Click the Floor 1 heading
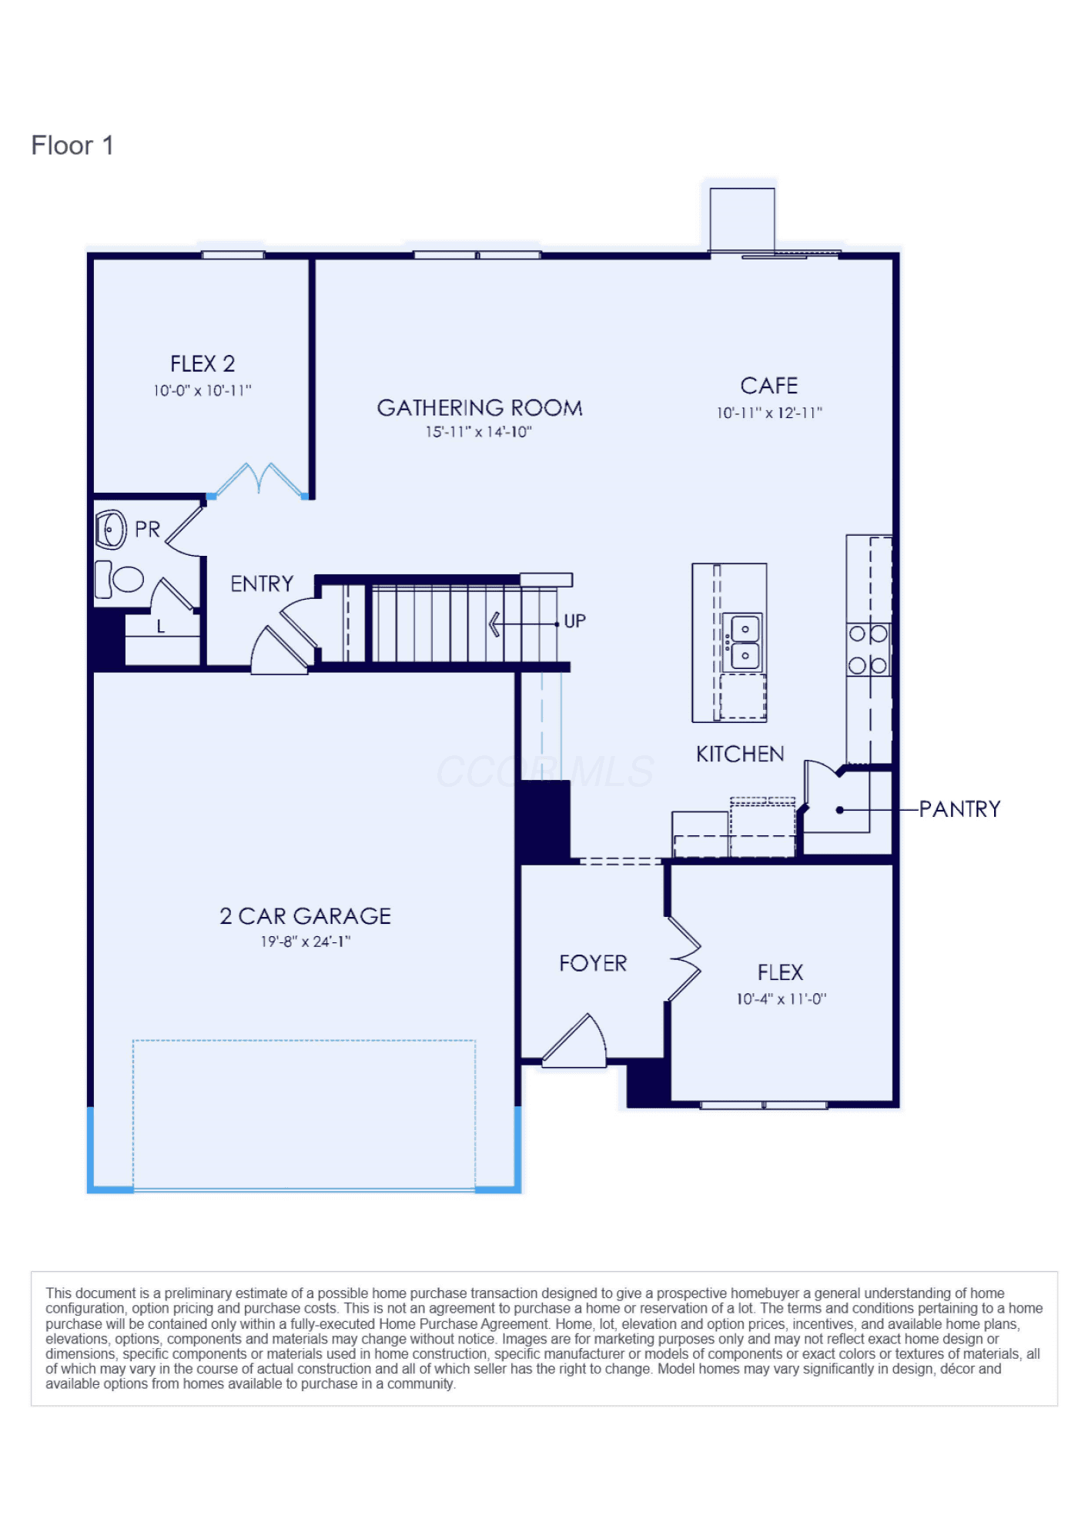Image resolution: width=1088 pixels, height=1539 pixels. tap(72, 146)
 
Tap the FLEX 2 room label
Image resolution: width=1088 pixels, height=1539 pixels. tap(203, 363)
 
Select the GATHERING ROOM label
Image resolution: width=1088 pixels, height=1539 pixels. tap(479, 407)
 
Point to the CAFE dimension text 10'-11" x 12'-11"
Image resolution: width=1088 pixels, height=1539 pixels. tap(769, 413)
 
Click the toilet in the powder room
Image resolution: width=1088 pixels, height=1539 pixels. tap(119, 579)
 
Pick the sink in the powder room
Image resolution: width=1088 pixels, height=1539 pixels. tap(111, 530)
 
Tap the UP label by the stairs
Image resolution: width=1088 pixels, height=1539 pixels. tap(574, 621)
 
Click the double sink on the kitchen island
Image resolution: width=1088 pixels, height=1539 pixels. tap(744, 641)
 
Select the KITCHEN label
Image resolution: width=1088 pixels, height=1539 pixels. tap(740, 754)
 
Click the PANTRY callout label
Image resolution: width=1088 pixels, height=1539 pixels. tap(959, 809)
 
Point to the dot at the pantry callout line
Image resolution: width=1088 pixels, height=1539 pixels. tap(840, 810)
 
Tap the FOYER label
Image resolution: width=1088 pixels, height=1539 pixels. tap(593, 963)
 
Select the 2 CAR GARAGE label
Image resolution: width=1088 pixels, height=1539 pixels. tap(305, 916)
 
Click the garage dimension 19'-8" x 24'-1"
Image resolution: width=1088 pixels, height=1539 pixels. tap(305, 942)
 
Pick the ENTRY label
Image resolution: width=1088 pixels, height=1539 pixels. tap(262, 584)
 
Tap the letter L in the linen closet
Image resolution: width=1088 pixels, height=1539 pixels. tap(161, 627)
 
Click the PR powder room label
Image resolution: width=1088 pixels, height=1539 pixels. tap(147, 530)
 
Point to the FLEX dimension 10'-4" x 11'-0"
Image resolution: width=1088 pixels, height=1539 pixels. tap(781, 999)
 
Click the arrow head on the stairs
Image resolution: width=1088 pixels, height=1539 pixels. tap(494, 624)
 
